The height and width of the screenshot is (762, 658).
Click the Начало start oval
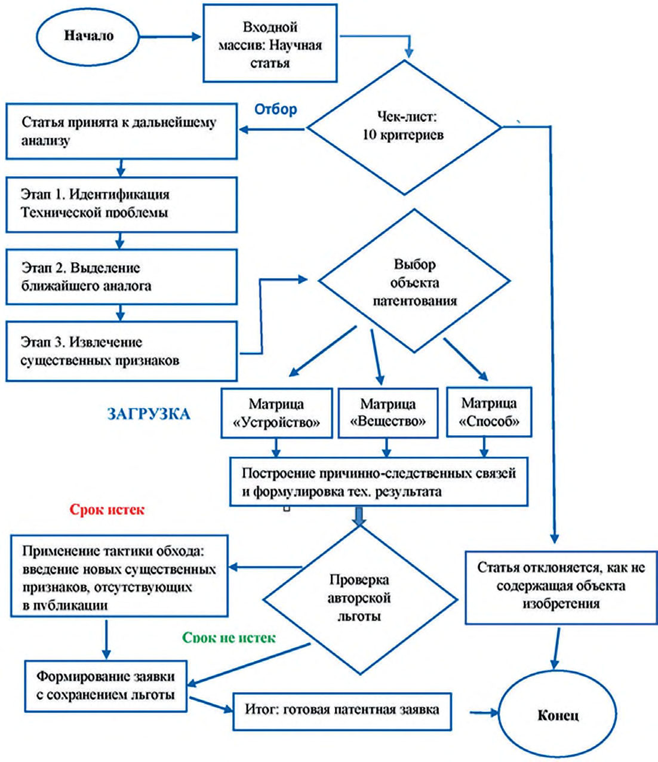point(88,36)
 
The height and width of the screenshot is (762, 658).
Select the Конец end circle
point(557,716)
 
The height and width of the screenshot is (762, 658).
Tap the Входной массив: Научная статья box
point(270,43)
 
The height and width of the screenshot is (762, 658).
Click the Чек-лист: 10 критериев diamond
point(404,128)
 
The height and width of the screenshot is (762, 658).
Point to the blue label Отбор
point(276,109)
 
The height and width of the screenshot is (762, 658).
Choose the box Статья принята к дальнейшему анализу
point(121,131)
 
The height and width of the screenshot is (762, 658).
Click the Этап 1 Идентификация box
point(121,205)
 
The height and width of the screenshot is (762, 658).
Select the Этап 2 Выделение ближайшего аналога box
point(121,277)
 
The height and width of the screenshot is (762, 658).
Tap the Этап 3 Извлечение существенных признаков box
point(121,351)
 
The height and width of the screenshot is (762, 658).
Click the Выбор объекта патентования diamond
point(414,281)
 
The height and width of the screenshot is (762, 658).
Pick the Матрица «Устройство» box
point(277,413)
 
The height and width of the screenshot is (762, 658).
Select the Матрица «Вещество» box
point(388,413)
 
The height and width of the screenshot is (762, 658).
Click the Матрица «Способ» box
point(489,412)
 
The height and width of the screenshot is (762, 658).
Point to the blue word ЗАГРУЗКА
point(149,414)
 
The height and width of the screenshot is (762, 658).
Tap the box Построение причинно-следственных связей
point(379,481)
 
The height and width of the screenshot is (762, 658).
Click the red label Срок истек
point(107,509)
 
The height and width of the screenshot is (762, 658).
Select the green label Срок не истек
point(229,637)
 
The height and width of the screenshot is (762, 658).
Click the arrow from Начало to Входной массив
point(170,36)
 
